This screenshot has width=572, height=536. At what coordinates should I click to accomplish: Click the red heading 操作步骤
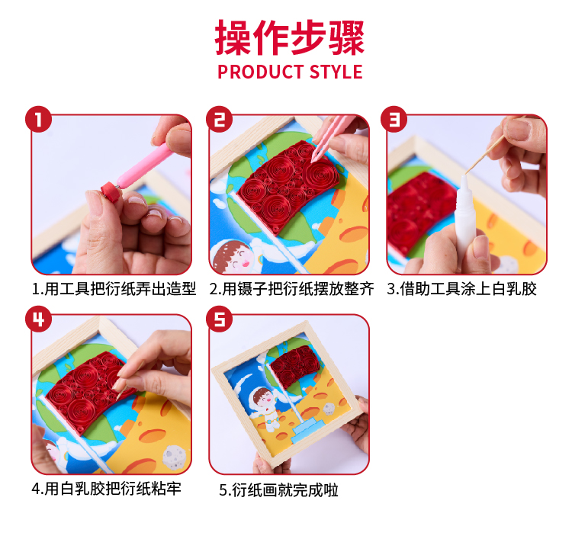point(290,37)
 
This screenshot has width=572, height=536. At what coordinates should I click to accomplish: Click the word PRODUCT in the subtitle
point(261,72)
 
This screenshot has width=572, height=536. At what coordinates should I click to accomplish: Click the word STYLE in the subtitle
point(336,72)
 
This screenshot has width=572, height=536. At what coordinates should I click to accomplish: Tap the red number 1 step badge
point(38,119)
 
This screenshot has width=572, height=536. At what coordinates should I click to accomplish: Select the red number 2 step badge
point(219,119)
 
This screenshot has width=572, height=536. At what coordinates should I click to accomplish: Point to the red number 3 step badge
point(394,119)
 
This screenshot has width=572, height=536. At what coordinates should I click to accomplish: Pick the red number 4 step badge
point(38,319)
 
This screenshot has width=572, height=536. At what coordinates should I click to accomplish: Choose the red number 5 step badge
point(219,319)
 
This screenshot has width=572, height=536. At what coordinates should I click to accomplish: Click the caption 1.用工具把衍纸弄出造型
point(114,289)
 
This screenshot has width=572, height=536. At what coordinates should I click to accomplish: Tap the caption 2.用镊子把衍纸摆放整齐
point(291,289)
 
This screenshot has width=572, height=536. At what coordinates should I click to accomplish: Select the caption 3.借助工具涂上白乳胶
point(461,289)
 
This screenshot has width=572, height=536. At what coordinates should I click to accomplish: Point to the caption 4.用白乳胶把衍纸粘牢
point(106,489)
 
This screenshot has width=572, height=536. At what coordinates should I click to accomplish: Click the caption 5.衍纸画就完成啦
point(278,490)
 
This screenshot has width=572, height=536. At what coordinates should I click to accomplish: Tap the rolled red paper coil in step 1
point(111,191)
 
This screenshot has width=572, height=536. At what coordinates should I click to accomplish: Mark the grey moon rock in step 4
point(174,457)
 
